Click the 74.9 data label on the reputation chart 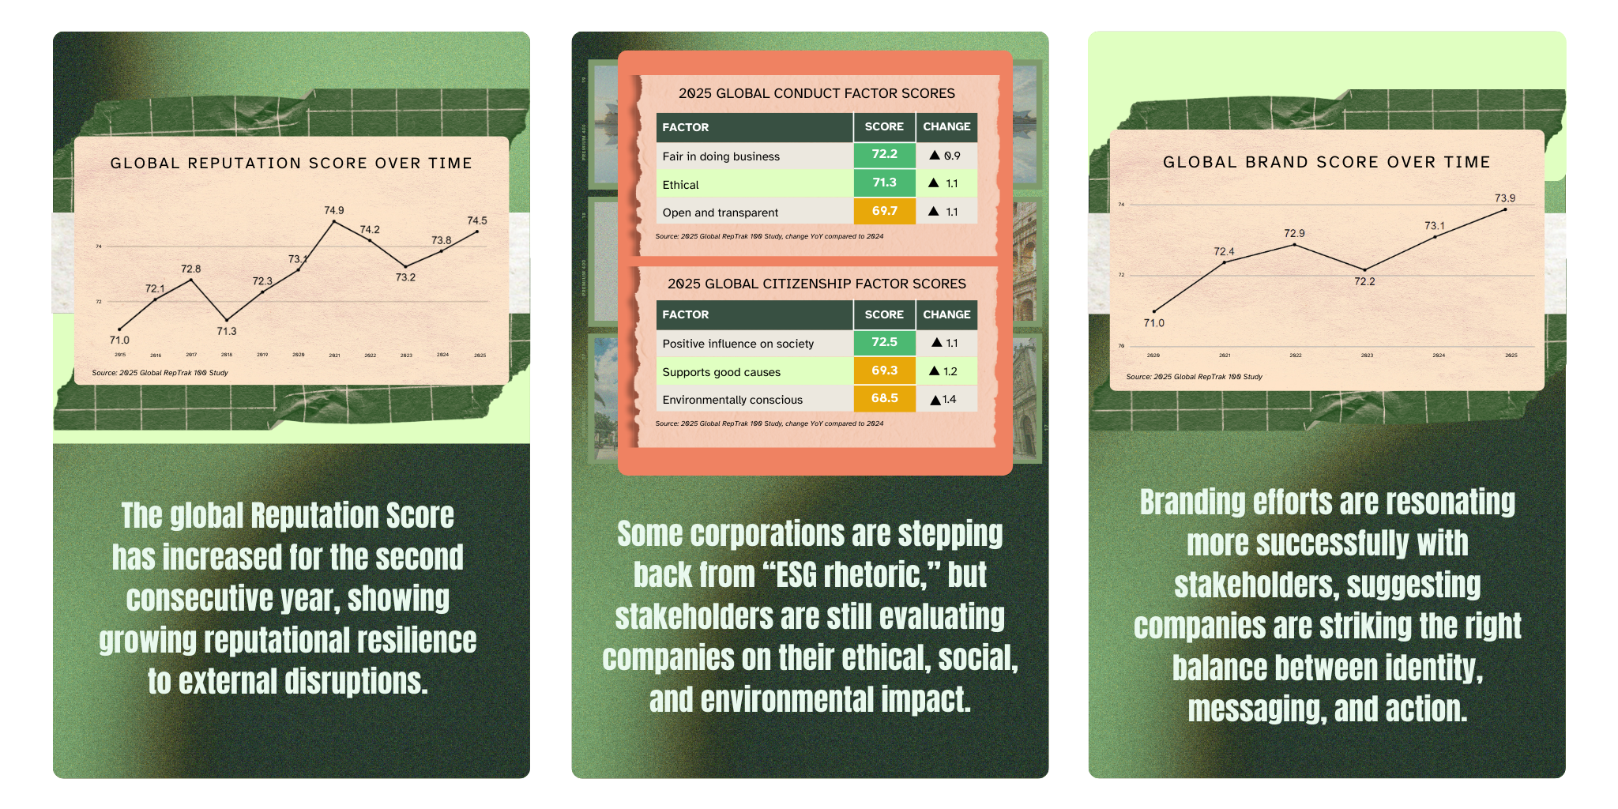coord(334,210)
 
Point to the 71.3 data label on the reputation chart coord(227,331)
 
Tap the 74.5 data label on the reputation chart coord(477,220)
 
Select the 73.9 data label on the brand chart coord(1505,198)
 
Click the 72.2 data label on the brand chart coord(1364,281)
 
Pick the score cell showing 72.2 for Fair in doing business coord(884,155)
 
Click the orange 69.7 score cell coord(884,211)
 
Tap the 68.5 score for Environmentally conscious coord(884,398)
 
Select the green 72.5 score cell coord(884,342)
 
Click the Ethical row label coord(680,185)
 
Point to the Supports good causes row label coord(721,372)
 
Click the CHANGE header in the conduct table coord(946,126)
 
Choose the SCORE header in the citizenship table coord(884,314)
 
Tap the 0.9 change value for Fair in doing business coord(952,156)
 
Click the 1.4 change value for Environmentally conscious coord(949,400)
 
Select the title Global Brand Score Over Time coord(1326,162)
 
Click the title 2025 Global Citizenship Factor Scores coord(816,284)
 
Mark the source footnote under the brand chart coord(1194,377)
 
